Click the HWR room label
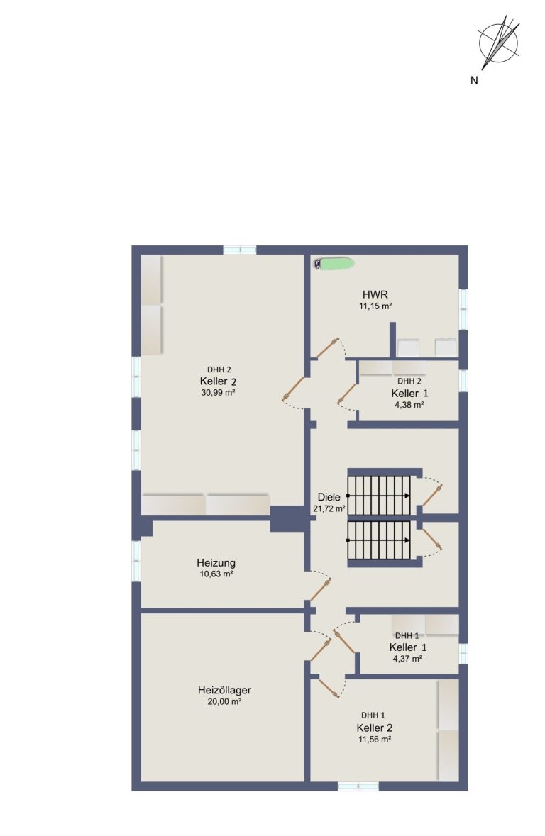(375, 294)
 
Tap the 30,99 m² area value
(219, 392)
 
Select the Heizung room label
(216, 562)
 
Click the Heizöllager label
(224, 690)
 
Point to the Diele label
(329, 497)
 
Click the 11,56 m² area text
(375, 740)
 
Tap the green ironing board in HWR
(334, 263)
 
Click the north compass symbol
(499, 42)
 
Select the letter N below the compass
(474, 81)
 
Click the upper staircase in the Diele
(379, 496)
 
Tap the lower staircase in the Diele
(379, 540)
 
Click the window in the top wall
(240, 250)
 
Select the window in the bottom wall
(358, 786)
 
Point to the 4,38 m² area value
(409, 405)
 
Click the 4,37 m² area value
(408, 659)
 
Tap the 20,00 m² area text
(224, 702)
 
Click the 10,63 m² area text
(216, 574)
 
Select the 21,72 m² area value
(329, 508)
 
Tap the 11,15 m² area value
(376, 306)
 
